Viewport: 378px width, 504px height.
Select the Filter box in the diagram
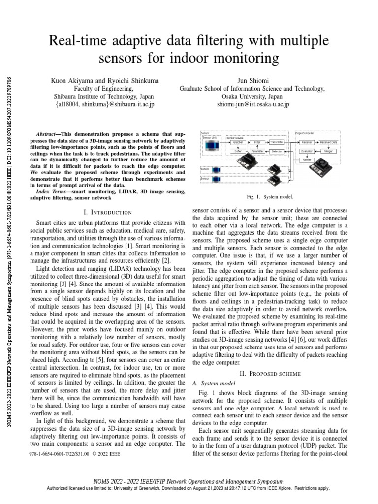point(257,142)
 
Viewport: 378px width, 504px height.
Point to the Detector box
point(277,151)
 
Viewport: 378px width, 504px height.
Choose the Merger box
point(328,151)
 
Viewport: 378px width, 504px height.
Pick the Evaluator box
point(307,151)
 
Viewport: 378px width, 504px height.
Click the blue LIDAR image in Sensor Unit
point(213,146)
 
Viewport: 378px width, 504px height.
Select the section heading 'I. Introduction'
point(108,212)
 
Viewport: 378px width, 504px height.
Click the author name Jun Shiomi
point(262,79)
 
